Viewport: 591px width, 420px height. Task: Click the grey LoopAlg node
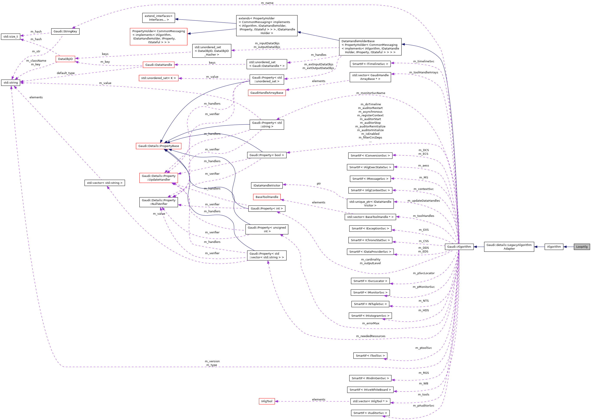click(581, 247)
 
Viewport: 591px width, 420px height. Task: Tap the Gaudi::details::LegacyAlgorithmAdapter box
click(509, 247)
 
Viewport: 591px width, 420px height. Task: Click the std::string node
click(11, 83)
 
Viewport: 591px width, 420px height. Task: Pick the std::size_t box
click(11, 37)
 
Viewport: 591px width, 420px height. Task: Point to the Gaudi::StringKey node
click(65, 31)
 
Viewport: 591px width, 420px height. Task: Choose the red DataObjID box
click(65, 59)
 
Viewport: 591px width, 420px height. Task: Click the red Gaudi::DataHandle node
click(158, 65)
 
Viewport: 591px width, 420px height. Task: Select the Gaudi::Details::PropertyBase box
click(158, 146)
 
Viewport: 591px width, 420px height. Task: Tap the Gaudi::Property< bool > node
click(267, 155)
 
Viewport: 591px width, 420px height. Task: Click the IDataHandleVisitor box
click(267, 185)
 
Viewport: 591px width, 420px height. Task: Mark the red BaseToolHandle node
click(267, 197)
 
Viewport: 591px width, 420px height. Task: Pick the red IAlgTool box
click(267, 401)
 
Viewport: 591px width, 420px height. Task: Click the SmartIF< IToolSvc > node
click(370, 356)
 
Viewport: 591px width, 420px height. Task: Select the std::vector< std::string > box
click(104, 183)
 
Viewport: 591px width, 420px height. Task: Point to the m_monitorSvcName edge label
click(370, 93)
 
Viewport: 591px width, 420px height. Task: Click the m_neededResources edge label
click(370, 336)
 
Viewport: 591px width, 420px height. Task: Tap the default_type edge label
click(66, 73)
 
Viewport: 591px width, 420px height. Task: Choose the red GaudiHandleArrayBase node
click(267, 93)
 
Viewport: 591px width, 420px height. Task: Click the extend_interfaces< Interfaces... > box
click(158, 18)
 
